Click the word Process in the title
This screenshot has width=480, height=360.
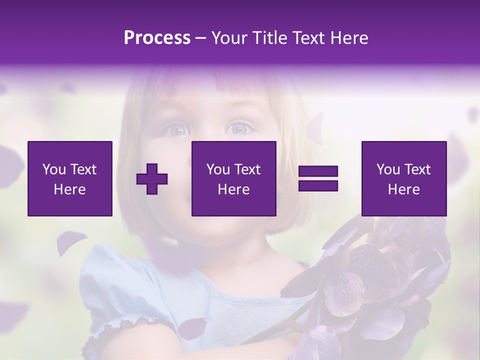(x=157, y=38)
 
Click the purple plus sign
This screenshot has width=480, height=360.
(x=152, y=178)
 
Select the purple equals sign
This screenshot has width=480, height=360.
(x=318, y=178)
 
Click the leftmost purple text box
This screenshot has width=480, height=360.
(x=70, y=178)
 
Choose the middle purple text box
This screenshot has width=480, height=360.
(x=233, y=178)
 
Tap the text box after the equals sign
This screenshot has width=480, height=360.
(x=404, y=178)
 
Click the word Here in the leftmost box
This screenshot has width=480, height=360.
(x=70, y=189)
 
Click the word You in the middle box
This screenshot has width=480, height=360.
(x=218, y=169)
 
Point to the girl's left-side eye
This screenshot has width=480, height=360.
(x=177, y=129)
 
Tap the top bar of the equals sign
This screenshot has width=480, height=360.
(x=318, y=172)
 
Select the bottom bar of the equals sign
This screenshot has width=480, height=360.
(x=318, y=185)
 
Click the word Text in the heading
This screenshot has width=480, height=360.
(x=305, y=38)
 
